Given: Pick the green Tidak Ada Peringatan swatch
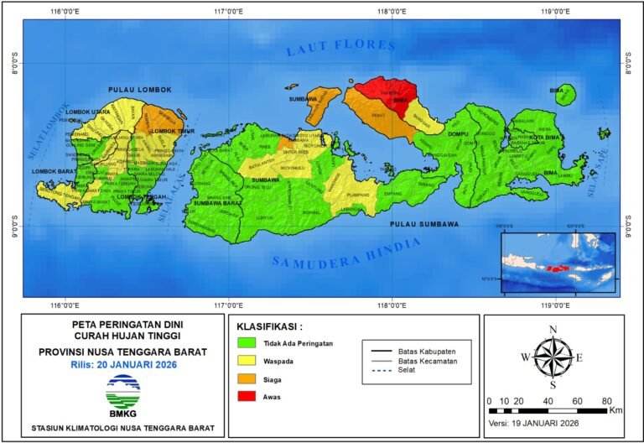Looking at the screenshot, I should coord(247,343).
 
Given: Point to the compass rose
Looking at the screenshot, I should coord(553,357).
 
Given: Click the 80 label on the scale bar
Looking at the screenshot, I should coord(606,400).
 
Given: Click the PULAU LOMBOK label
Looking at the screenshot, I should coord(139,90).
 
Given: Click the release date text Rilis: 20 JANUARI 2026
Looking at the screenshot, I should coord(124,364).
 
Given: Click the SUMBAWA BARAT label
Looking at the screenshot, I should coord(217,203).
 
